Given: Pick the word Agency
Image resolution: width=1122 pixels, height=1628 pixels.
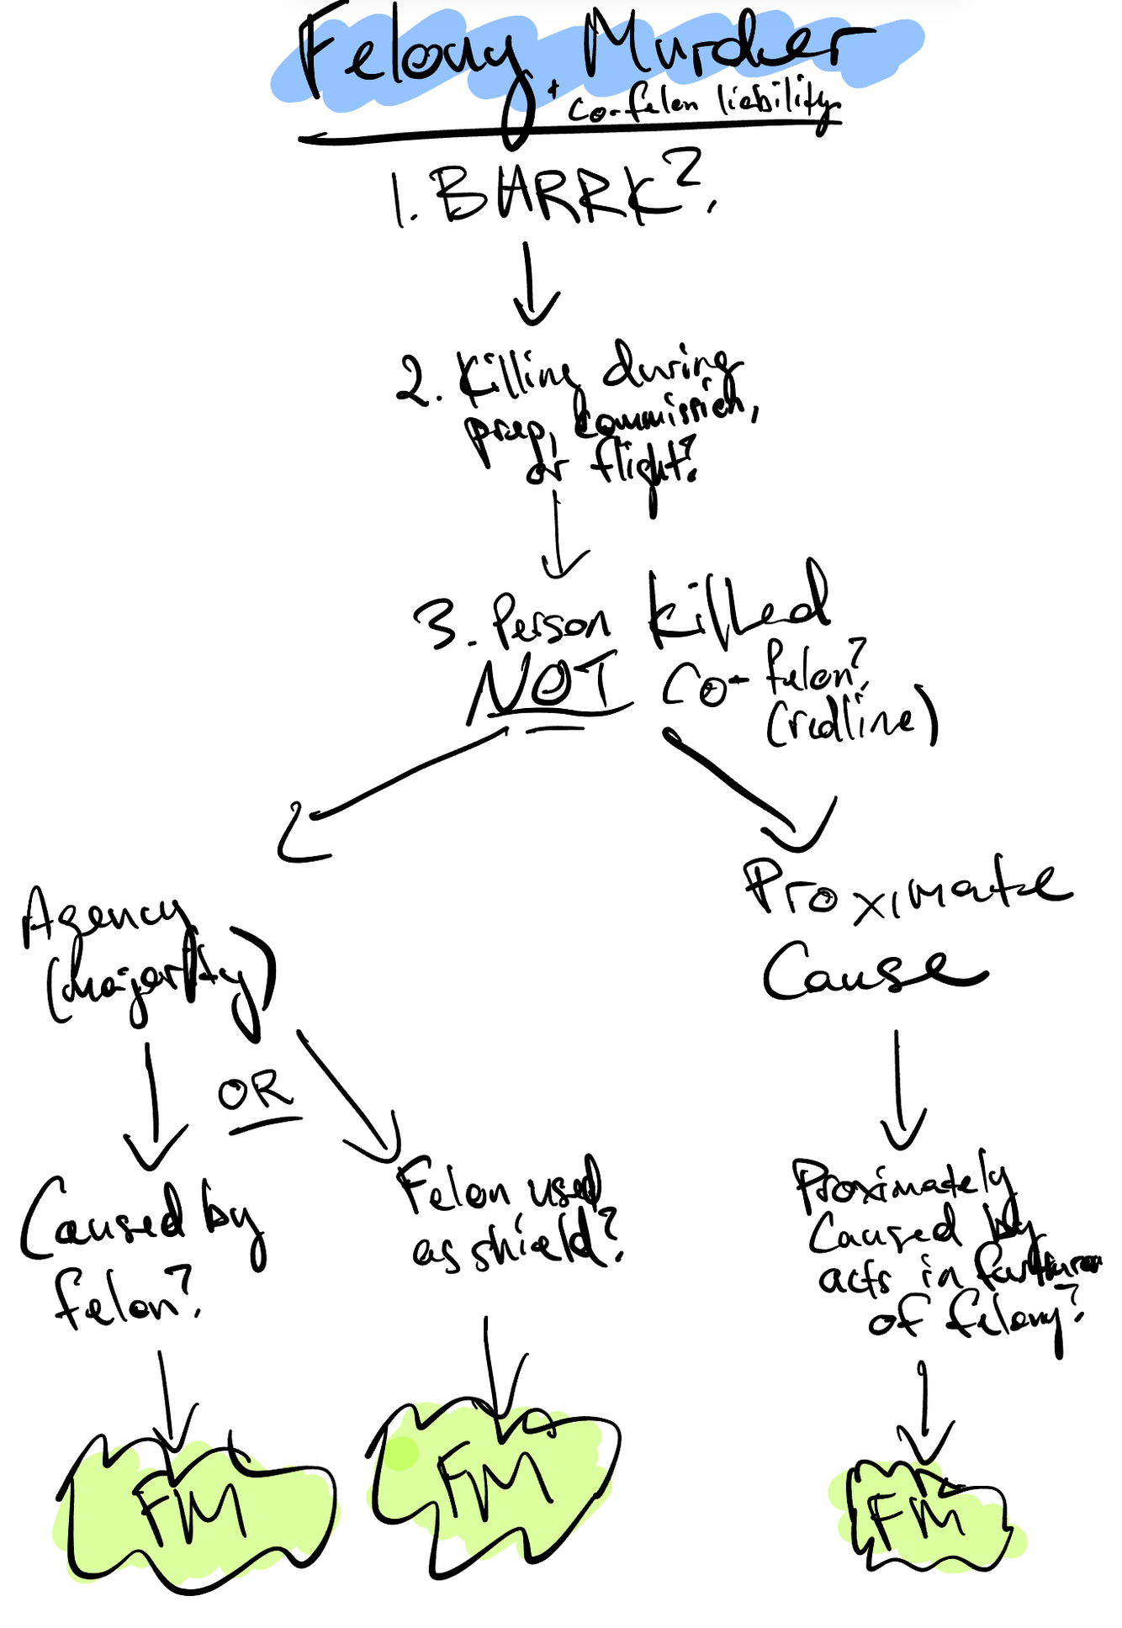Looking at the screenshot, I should [101, 917].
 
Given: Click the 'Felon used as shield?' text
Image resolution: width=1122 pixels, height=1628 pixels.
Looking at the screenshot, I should [513, 1211].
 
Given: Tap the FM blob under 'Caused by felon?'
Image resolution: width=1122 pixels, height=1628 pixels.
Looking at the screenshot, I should [193, 1505].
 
